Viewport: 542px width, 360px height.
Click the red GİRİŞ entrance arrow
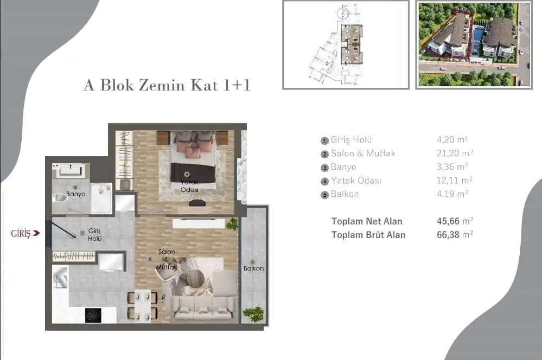(x=36, y=234)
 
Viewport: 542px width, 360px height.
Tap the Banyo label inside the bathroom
(x=76, y=194)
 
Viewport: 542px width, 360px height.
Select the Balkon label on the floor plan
(x=253, y=268)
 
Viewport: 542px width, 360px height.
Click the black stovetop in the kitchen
(x=93, y=315)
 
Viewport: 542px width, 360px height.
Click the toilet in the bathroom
(x=61, y=198)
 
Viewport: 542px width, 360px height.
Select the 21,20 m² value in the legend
(x=455, y=153)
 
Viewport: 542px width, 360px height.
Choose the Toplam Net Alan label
(x=367, y=221)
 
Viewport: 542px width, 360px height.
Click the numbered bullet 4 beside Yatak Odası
(x=324, y=182)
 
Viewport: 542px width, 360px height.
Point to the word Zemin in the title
(x=162, y=85)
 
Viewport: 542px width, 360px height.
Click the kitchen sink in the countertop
(x=61, y=278)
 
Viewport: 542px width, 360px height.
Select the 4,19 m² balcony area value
(x=452, y=194)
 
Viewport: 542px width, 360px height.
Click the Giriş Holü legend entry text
(x=351, y=140)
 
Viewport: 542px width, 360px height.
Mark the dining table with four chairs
(x=142, y=306)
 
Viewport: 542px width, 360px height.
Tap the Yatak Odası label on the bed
(x=189, y=186)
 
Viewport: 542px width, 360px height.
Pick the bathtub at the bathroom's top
(x=71, y=171)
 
